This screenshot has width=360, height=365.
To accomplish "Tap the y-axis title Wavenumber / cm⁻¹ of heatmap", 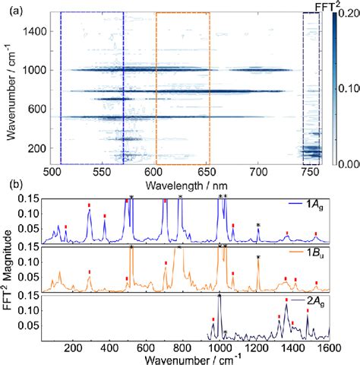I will (x=8, y=87).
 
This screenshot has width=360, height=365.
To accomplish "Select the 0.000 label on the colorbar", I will (x=346, y=163).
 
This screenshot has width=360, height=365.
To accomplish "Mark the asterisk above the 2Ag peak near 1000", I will (x=219, y=295).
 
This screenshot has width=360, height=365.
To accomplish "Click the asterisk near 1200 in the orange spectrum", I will (x=258, y=257).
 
